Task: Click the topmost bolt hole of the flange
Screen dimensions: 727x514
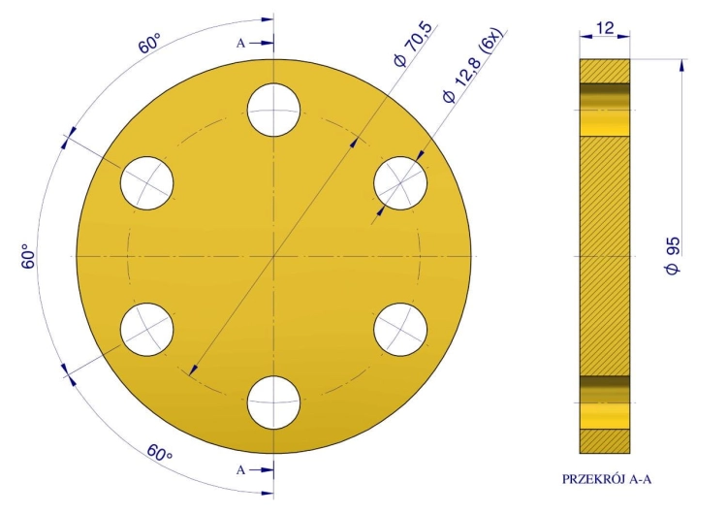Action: click(x=273, y=110)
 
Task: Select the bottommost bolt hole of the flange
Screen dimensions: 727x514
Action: click(x=273, y=402)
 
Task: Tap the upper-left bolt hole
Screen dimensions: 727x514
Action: click(x=147, y=183)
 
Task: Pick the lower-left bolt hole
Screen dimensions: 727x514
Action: click(x=147, y=330)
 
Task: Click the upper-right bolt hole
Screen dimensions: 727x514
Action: click(x=400, y=183)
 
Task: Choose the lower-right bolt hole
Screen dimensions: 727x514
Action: click(x=400, y=330)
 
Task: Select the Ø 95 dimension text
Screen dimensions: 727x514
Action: click(x=674, y=256)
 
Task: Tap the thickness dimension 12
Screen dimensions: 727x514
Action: click(x=605, y=28)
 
